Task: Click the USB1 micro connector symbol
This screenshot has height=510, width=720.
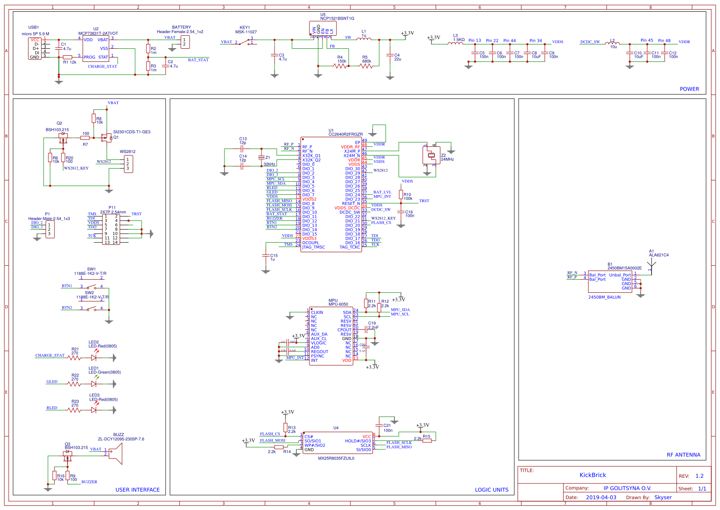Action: (x=35, y=48)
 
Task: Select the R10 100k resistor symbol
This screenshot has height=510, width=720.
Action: (x=401, y=195)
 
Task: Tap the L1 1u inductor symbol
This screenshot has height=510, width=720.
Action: (x=364, y=39)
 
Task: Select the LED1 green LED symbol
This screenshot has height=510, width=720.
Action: (x=94, y=384)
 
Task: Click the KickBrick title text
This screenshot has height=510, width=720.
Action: (x=592, y=475)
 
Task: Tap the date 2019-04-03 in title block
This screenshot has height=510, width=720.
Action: (x=601, y=497)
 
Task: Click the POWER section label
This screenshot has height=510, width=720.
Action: (x=689, y=89)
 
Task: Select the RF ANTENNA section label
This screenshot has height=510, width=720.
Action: (x=683, y=455)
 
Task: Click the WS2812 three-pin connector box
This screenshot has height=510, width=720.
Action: (x=129, y=164)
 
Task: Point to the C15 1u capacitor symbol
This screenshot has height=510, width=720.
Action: (x=266, y=256)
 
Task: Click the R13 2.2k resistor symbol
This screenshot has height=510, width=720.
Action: (x=285, y=427)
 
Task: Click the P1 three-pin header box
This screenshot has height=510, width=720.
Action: (x=50, y=230)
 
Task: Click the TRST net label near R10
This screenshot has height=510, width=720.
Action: (x=424, y=201)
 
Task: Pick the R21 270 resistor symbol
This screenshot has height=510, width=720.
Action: (x=75, y=358)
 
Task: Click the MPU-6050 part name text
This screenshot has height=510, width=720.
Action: (x=338, y=304)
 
